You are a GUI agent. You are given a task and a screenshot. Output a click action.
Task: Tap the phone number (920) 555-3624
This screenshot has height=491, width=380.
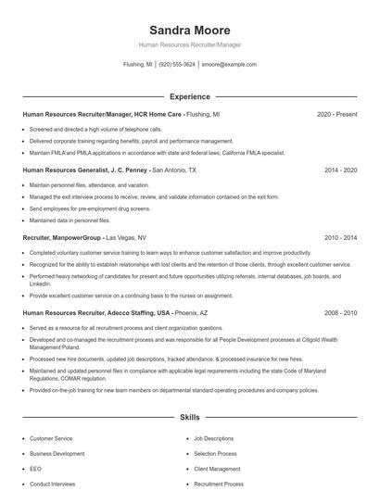pyautogui.click(x=177, y=65)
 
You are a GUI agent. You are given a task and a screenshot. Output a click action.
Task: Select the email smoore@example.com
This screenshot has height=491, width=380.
pyautogui.click(x=229, y=65)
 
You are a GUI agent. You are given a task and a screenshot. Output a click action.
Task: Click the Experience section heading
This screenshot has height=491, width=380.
pyautogui.click(x=189, y=96)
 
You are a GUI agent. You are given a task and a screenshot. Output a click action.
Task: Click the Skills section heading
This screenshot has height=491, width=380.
pyautogui.click(x=189, y=418)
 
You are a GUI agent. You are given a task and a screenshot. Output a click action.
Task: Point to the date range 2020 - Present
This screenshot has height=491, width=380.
pyautogui.click(x=336, y=114)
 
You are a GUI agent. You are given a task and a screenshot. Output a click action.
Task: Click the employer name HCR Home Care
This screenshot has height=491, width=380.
pyautogui.click(x=158, y=114)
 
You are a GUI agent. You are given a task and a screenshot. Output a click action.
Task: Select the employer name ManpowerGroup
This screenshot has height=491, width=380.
pyautogui.click(x=78, y=237)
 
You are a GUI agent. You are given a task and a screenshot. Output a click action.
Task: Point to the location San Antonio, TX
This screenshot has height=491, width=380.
pyautogui.click(x=174, y=170)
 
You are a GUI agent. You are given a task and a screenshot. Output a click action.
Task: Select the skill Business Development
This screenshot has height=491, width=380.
pyautogui.click(x=57, y=454)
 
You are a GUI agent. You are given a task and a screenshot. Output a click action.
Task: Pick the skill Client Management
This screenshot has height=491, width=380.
pyautogui.click(x=218, y=469)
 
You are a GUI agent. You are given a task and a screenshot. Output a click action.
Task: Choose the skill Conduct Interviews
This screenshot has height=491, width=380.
pyautogui.click(x=52, y=484)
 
